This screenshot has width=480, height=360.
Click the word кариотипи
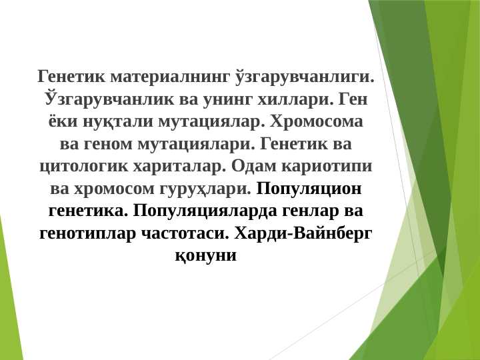tap(325, 167)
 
